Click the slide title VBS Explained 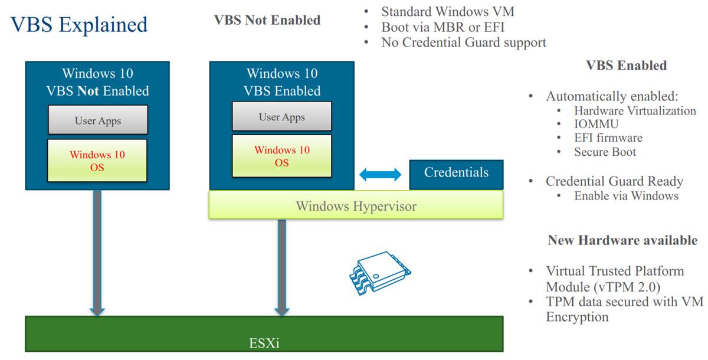tap(79, 25)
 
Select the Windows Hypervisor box tap(356, 206)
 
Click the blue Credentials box tap(456, 174)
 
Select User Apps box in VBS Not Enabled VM tap(97, 120)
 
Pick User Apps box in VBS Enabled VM tap(281, 117)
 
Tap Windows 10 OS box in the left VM tap(97, 161)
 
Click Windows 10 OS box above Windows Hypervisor tap(281, 156)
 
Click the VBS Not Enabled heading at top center tap(267, 21)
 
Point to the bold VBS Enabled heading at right tap(626, 66)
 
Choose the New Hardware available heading tap(622, 240)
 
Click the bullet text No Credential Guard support tap(463, 42)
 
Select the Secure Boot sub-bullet tap(605, 152)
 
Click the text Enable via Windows tap(626, 196)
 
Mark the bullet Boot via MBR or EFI tap(443, 27)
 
